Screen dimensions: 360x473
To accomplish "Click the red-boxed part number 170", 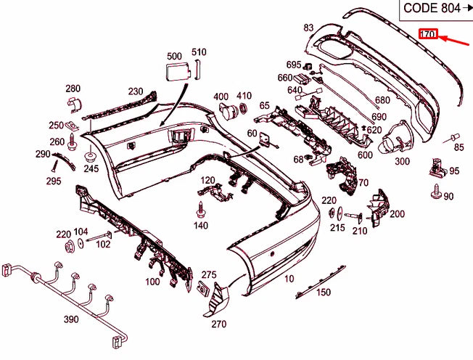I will (x=427, y=34).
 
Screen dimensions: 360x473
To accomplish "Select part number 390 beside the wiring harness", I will (x=71, y=319).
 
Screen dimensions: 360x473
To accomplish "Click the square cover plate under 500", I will (x=175, y=72).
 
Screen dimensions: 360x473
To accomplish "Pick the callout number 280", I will (x=73, y=89).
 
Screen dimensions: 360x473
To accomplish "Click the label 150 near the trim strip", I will (x=323, y=292).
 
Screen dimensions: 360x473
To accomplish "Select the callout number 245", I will (x=90, y=168).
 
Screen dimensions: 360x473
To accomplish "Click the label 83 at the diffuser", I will (x=308, y=28).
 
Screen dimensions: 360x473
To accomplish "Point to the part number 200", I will (x=397, y=213).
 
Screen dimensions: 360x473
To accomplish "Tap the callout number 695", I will (x=293, y=65).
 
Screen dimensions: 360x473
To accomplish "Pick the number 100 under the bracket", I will (x=152, y=281).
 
